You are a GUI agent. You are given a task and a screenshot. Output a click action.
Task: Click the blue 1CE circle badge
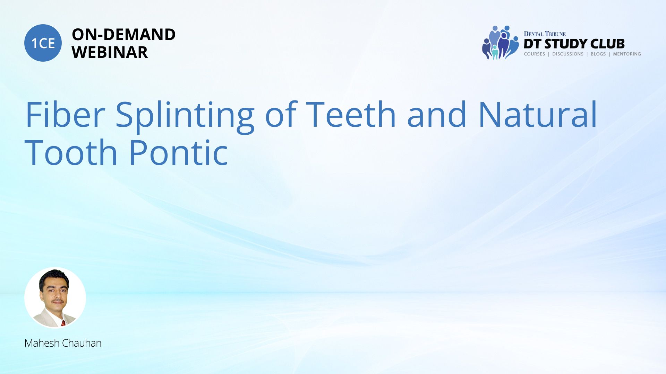point(43,43)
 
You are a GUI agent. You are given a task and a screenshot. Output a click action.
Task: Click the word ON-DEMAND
point(123,35)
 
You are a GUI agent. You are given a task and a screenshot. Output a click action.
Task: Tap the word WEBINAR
point(110,52)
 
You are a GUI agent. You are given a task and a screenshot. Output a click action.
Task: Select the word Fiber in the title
point(65,114)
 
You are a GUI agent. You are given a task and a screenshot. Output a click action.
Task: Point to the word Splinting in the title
point(185,116)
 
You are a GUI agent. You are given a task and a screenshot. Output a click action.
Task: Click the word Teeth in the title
point(351,114)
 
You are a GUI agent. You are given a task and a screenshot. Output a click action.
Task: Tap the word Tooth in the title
point(71,152)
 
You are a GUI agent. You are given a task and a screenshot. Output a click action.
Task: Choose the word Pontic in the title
point(179,152)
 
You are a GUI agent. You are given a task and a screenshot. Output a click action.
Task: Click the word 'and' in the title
point(437,114)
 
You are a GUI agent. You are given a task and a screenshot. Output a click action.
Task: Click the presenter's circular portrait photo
point(55,298)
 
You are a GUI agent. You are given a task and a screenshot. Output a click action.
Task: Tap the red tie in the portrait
point(63,323)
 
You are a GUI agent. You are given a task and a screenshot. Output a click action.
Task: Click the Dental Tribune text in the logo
point(545,34)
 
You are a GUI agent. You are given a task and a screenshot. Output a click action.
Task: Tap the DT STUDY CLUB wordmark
point(574,44)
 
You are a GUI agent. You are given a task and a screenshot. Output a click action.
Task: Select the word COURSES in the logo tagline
point(534,54)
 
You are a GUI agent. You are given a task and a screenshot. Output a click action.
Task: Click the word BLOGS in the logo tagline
point(598,54)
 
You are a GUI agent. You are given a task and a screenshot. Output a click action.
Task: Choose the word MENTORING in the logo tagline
point(627,54)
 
